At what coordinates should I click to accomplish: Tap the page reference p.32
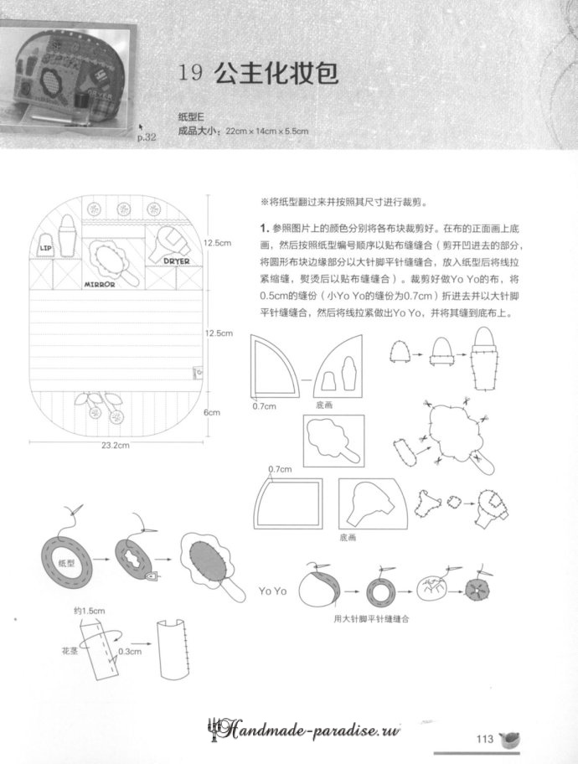(x=147, y=137)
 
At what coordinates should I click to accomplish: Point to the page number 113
(x=483, y=738)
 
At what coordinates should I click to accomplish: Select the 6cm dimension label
(x=213, y=412)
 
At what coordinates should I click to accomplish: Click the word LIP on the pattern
(x=46, y=248)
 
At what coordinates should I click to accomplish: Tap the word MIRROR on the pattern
(x=99, y=283)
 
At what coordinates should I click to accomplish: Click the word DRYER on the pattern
(x=176, y=261)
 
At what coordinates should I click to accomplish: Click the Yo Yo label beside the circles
(x=273, y=591)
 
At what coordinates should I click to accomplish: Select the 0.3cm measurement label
(x=130, y=649)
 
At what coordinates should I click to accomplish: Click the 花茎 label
(x=70, y=649)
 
